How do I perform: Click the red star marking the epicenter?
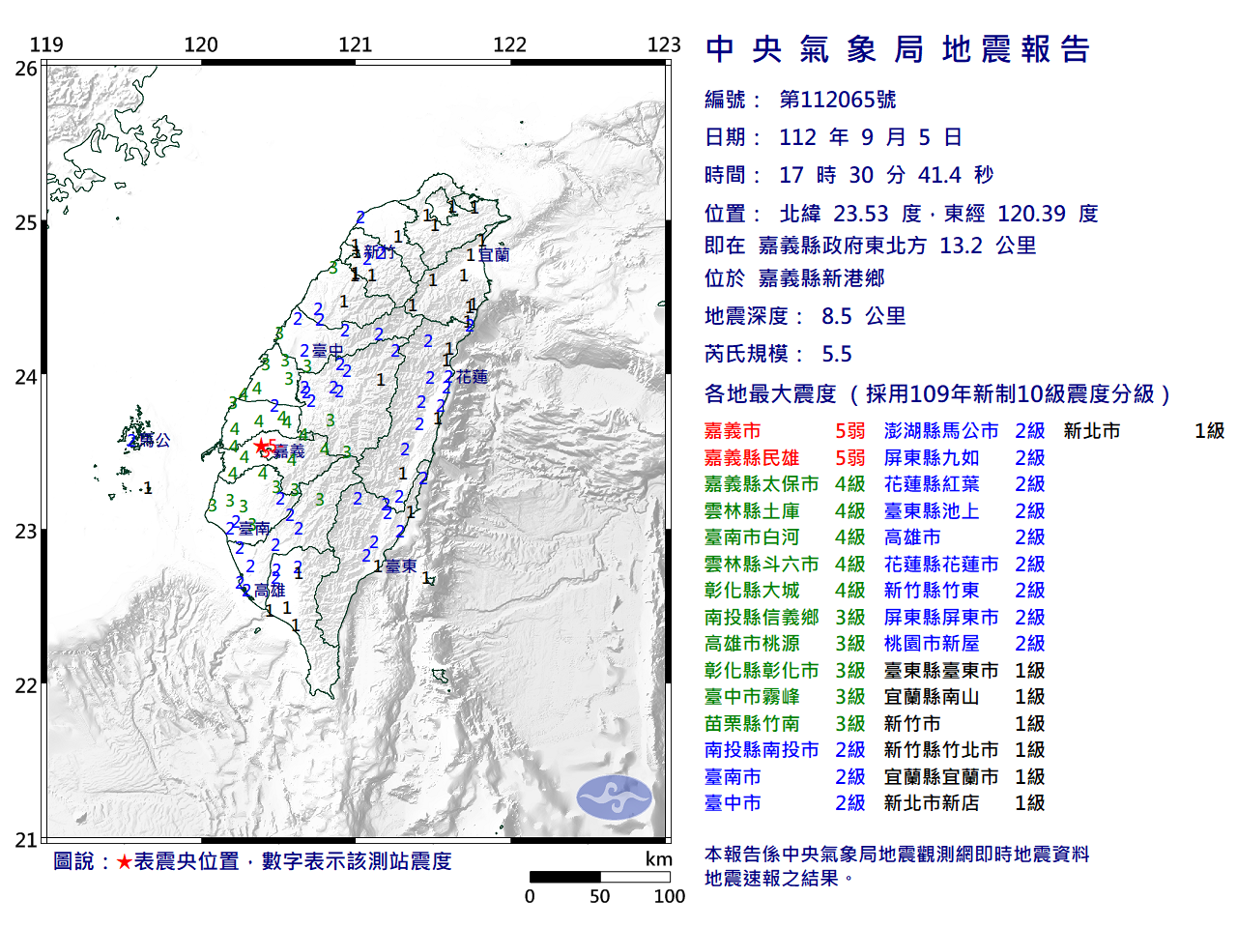tap(261, 446)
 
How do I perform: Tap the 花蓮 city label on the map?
tap(473, 377)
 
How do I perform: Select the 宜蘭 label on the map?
tap(494, 255)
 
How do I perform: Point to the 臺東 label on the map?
tap(401, 566)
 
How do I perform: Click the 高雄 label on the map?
tap(270, 591)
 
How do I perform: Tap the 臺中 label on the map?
tap(328, 351)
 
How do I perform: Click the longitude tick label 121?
tap(355, 44)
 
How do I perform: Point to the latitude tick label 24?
tap(26, 377)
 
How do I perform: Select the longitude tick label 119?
tap(46, 44)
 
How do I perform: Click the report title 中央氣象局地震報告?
tap(898, 49)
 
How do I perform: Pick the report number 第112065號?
tap(837, 100)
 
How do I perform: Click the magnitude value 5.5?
tap(837, 354)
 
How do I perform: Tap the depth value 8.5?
tap(837, 316)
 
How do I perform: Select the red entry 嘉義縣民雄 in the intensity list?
tap(752, 458)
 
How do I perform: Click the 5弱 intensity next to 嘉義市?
tap(849, 431)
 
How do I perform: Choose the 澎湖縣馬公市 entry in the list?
tap(941, 431)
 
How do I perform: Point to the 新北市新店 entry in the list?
tap(932, 803)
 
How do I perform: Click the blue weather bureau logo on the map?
tap(615, 797)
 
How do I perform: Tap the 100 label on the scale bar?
tap(669, 896)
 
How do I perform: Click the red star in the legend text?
tap(124, 861)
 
